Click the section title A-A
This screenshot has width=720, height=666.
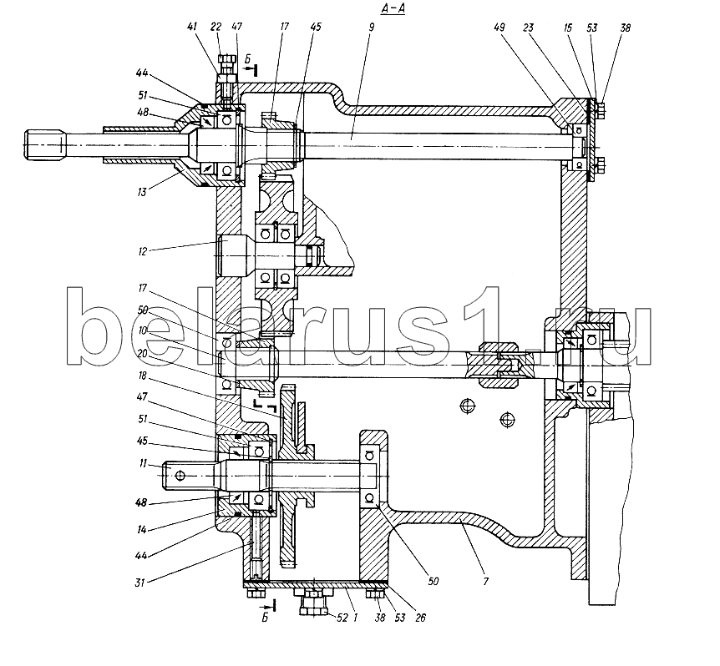pyautogui.click(x=393, y=8)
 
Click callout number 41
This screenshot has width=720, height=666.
pyautogui.click(x=192, y=27)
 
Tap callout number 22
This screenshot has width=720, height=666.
pyautogui.click(x=215, y=27)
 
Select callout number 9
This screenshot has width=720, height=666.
pyautogui.click(x=371, y=27)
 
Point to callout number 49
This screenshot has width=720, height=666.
pyautogui.click(x=499, y=28)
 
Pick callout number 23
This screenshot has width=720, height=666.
pyautogui.click(x=528, y=28)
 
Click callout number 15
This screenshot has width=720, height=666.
pyautogui.click(x=568, y=28)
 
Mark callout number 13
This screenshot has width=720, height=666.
pyautogui.click(x=142, y=192)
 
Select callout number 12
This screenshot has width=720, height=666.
pyautogui.click(x=142, y=251)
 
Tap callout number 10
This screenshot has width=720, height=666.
pyautogui.click(x=142, y=330)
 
